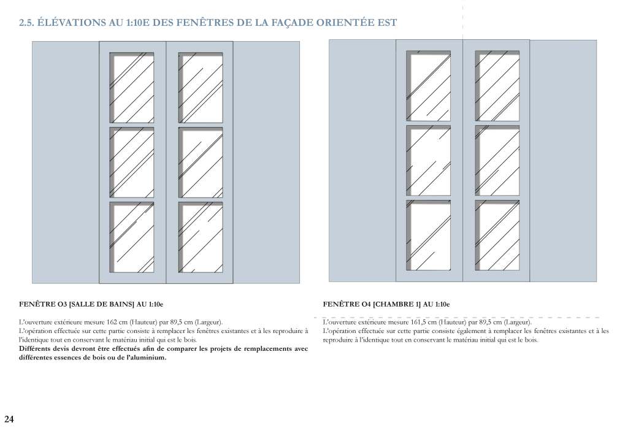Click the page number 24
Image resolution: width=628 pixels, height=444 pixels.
9,419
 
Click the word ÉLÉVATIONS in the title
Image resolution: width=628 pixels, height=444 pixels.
72,23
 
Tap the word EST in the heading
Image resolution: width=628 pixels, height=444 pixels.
388,23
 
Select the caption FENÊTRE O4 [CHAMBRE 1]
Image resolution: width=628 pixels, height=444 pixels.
372,304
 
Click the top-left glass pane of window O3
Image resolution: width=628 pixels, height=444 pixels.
132,88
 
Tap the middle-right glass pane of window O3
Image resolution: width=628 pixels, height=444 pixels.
201,163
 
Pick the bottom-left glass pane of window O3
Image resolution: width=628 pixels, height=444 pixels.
132,237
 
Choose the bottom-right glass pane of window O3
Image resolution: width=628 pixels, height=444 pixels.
201,237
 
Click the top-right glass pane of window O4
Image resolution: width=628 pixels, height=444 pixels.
497,86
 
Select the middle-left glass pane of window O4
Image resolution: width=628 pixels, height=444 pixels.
429,161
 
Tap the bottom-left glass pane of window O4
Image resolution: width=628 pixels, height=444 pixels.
429,235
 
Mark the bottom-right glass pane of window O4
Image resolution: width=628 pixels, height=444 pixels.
497,235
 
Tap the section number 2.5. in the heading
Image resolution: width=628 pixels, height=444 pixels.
26,23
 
